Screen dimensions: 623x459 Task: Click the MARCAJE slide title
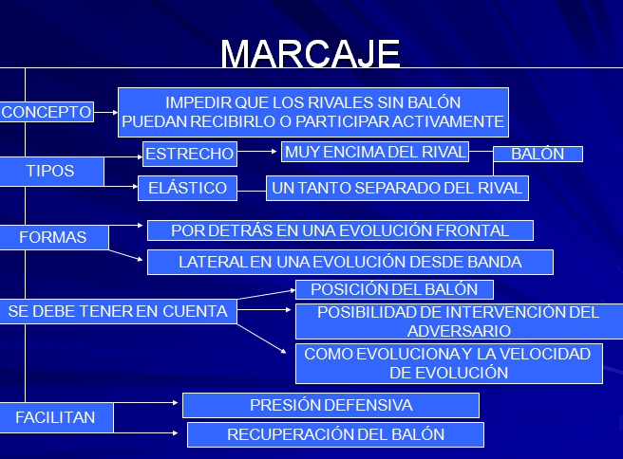click(x=311, y=53)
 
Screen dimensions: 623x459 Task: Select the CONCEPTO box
click(x=47, y=112)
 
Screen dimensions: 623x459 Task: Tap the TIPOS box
click(x=51, y=172)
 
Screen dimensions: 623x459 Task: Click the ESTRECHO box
click(x=190, y=154)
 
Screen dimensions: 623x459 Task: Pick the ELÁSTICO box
click(x=187, y=188)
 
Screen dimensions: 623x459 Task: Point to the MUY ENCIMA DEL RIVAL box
click(x=375, y=152)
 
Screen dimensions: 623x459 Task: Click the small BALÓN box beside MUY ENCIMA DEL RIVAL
click(x=538, y=154)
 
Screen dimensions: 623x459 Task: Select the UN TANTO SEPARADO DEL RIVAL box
click(x=397, y=188)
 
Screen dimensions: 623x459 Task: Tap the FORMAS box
click(x=53, y=238)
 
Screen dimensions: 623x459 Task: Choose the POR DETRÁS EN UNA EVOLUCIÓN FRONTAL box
click(x=340, y=230)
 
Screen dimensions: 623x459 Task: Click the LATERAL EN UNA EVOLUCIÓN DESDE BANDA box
click(x=350, y=263)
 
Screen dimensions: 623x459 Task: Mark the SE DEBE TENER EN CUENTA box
click(x=118, y=311)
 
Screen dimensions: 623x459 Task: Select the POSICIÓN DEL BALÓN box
click(x=394, y=289)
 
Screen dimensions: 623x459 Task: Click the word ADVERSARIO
click(x=459, y=331)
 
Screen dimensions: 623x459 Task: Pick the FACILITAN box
click(x=56, y=417)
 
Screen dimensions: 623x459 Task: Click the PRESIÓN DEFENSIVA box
click(x=330, y=406)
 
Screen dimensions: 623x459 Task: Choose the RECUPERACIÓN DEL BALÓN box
click(x=336, y=434)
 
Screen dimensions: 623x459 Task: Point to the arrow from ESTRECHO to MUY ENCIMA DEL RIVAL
click(x=256, y=151)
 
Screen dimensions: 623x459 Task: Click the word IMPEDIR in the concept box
click(x=198, y=102)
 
